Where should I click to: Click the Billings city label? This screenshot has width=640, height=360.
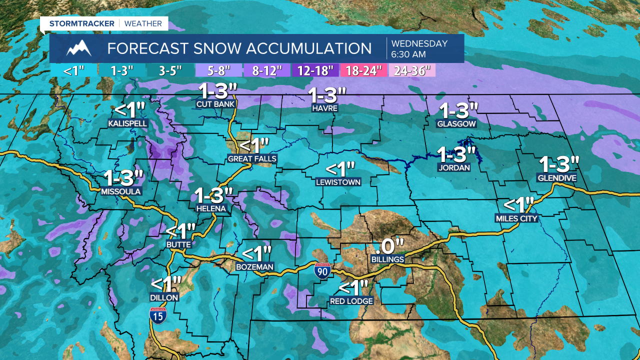click(x=387, y=259)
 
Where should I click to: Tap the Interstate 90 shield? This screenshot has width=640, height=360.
click(x=322, y=270)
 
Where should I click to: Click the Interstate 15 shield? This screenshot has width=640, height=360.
click(x=158, y=316)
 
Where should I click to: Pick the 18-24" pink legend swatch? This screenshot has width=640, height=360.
click(x=364, y=70)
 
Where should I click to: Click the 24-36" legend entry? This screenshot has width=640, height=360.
click(x=412, y=70)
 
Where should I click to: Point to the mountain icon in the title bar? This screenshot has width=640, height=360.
click(x=79, y=48)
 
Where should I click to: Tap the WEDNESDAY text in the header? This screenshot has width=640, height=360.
click(x=419, y=43)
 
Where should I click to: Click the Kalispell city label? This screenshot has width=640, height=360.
click(x=127, y=122)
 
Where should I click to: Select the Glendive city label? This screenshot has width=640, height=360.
click(x=556, y=178)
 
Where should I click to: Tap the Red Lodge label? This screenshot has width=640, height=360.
click(x=351, y=301)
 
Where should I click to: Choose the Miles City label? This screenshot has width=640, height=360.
click(x=516, y=218)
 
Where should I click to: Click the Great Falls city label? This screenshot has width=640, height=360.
click(x=252, y=159)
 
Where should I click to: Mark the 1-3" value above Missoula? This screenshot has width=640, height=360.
click(x=123, y=178)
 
